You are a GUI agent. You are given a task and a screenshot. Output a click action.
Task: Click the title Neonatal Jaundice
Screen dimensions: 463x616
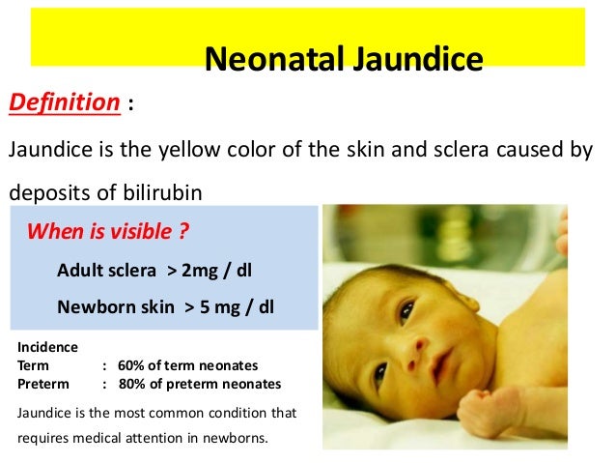[344, 60]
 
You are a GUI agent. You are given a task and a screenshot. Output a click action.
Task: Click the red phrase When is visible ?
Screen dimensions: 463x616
[107, 233]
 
